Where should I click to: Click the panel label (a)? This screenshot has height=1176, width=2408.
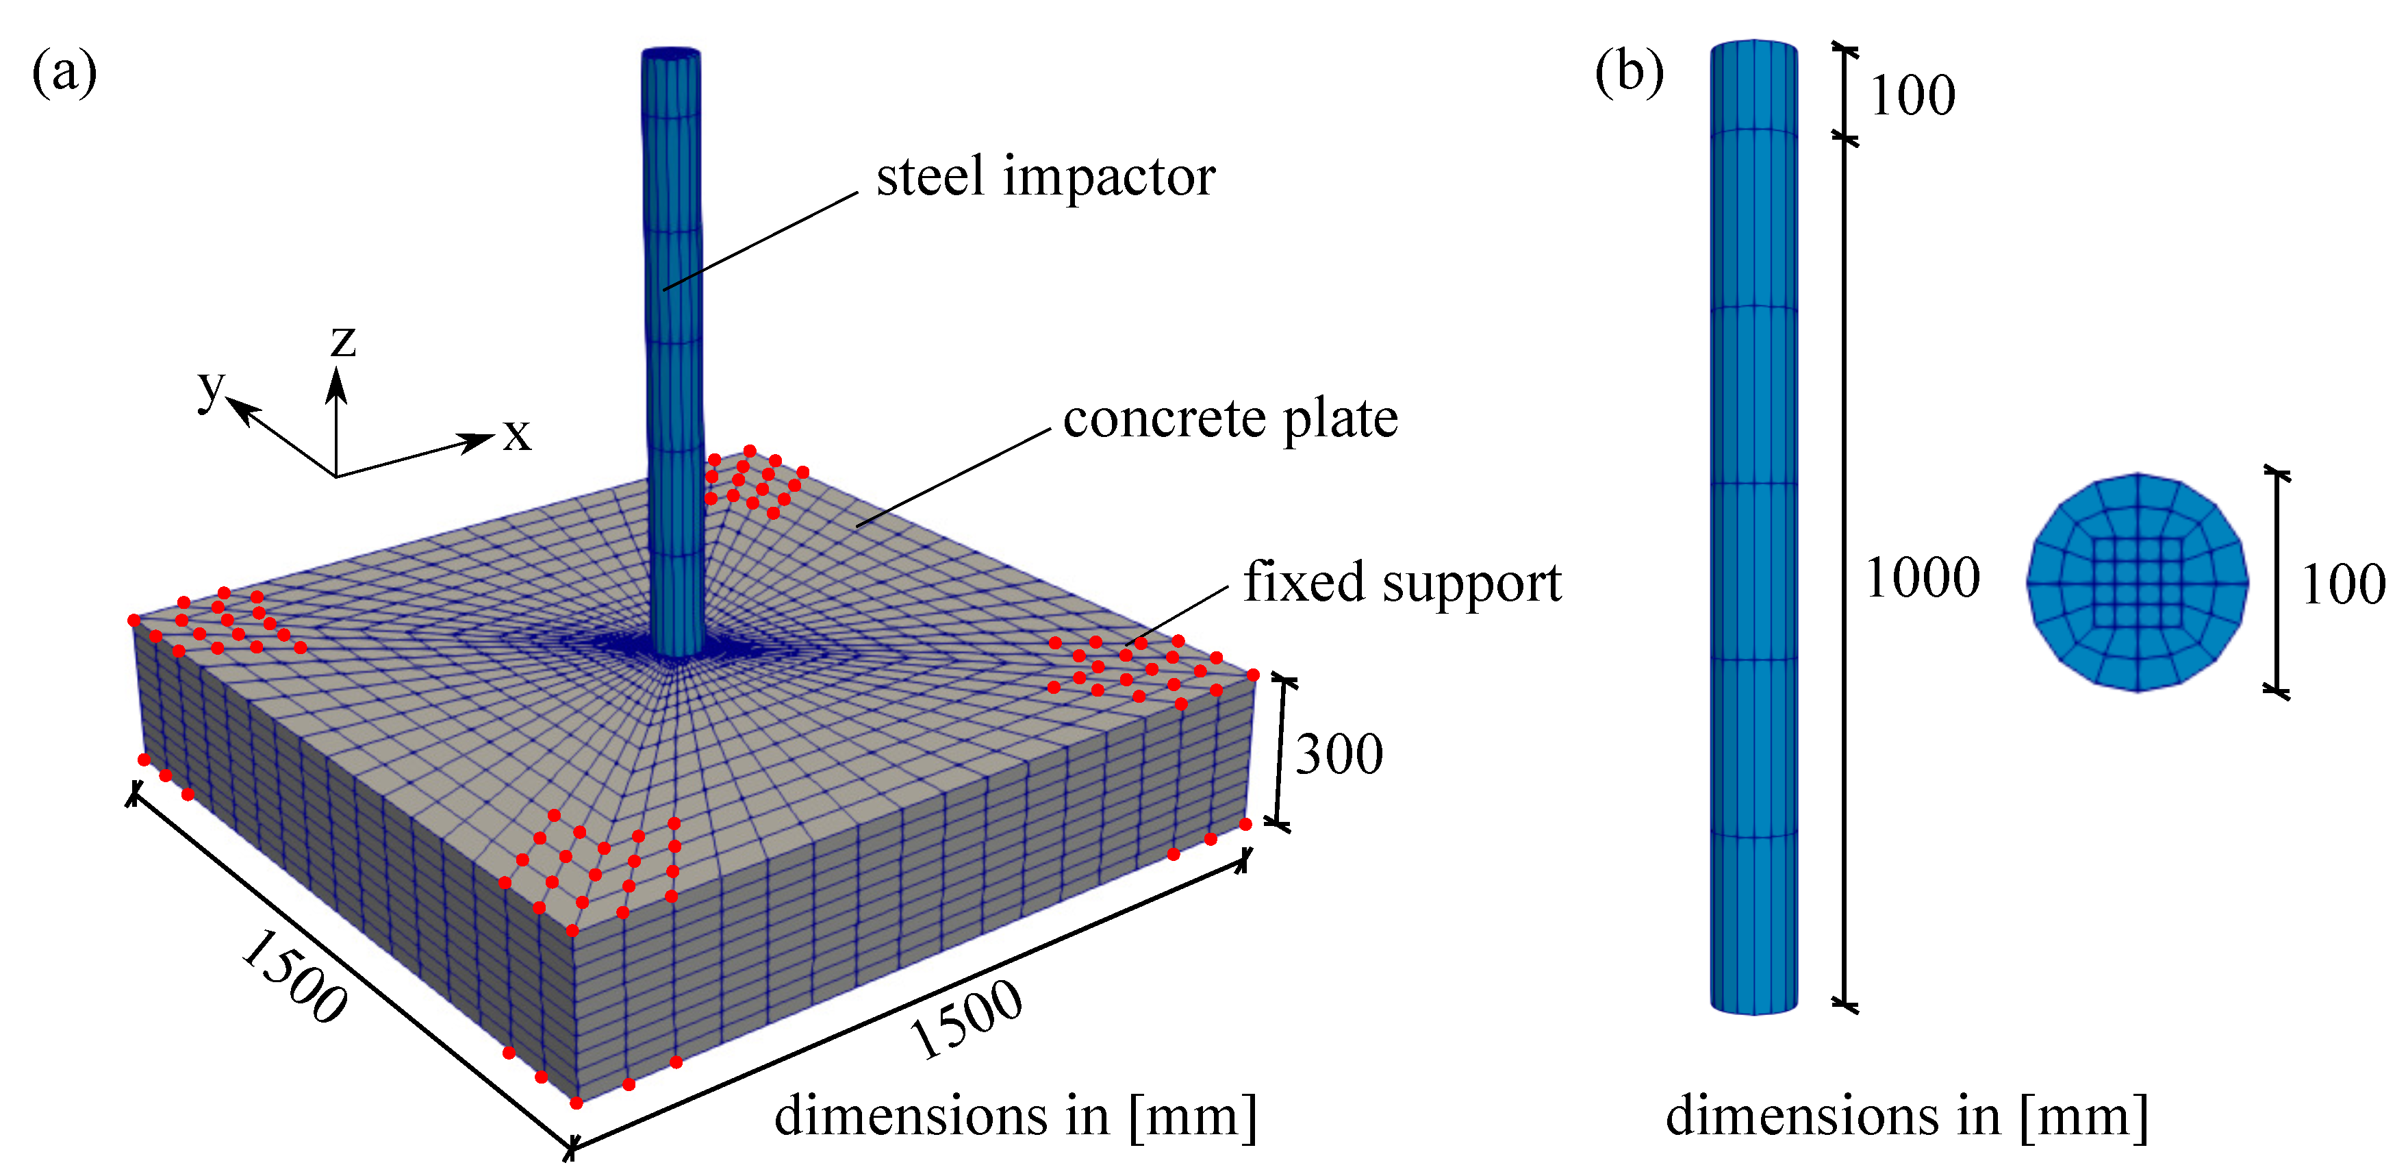(x=64, y=72)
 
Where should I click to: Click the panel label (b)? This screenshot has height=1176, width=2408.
(x=1628, y=72)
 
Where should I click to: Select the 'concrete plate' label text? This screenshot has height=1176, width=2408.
(x=1230, y=418)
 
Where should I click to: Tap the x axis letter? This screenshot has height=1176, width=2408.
(x=517, y=434)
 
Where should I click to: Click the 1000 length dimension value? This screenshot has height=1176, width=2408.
(x=1922, y=577)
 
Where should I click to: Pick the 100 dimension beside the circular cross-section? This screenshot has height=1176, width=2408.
(x=2342, y=585)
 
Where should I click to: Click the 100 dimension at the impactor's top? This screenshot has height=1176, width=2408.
(x=1912, y=95)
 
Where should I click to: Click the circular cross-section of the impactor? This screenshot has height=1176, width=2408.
(x=2137, y=582)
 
